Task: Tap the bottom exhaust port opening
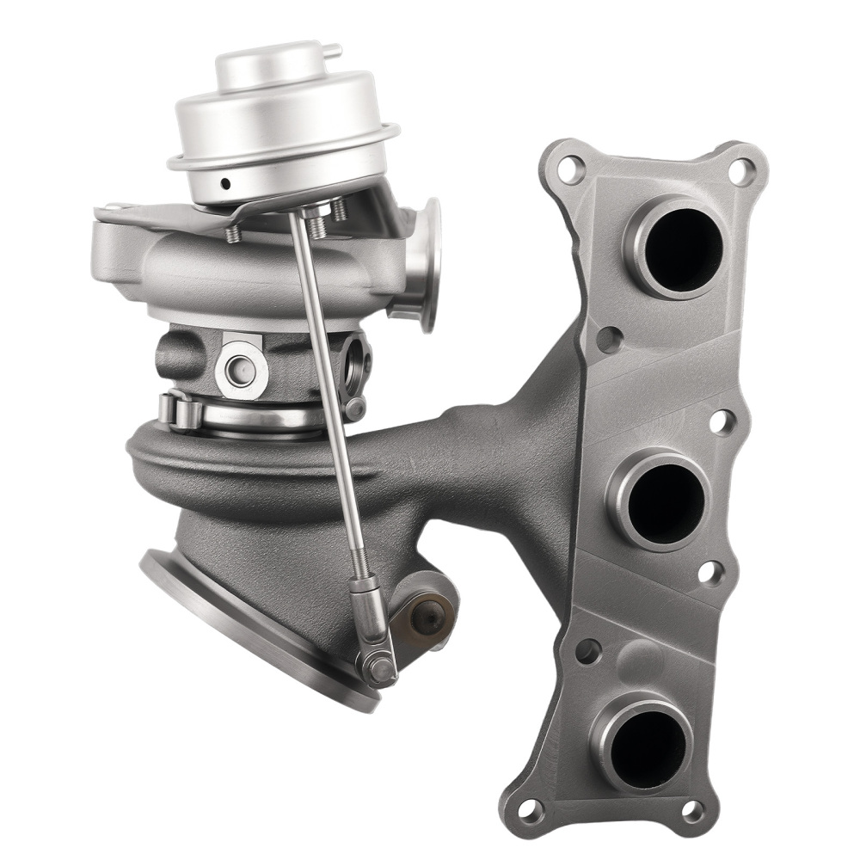pyautogui.click(x=648, y=743)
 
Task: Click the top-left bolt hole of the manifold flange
pyautogui.click(x=569, y=169)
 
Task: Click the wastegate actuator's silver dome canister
pyautogui.click(x=284, y=129)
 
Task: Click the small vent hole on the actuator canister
pyautogui.click(x=224, y=183)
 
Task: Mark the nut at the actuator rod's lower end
pyautogui.click(x=377, y=666)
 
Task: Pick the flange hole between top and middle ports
pyautogui.click(x=721, y=421)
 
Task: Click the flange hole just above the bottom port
pyautogui.click(x=588, y=651)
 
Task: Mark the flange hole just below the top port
pyautogui.click(x=609, y=339)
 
